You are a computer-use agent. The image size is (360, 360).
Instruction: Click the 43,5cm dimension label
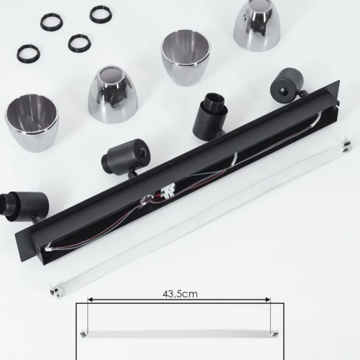pos(180,294)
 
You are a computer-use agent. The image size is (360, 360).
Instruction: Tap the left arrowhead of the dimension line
pos(90,299)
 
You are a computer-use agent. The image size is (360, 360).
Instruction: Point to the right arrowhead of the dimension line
pos(268,299)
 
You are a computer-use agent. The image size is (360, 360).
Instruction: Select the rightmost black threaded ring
pos(101,14)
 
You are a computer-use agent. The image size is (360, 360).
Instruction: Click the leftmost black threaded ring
pos(28,54)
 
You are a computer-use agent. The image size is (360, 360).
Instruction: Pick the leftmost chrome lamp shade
pos(31,123)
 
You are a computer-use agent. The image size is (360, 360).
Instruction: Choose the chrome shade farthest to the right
pos(257,25)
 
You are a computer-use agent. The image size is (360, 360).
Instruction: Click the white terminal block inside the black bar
pos(168,190)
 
